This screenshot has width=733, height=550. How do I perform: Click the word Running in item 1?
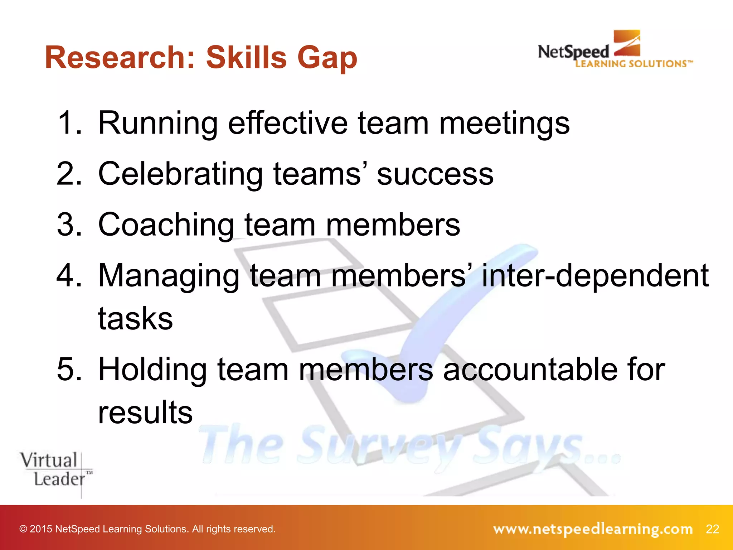158,124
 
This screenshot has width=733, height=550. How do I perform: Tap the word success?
435,175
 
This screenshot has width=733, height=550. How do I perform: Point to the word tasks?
135,319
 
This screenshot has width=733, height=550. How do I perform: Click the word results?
145,412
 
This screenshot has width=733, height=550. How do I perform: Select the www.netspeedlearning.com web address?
593,529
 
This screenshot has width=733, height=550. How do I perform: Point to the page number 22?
712,529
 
